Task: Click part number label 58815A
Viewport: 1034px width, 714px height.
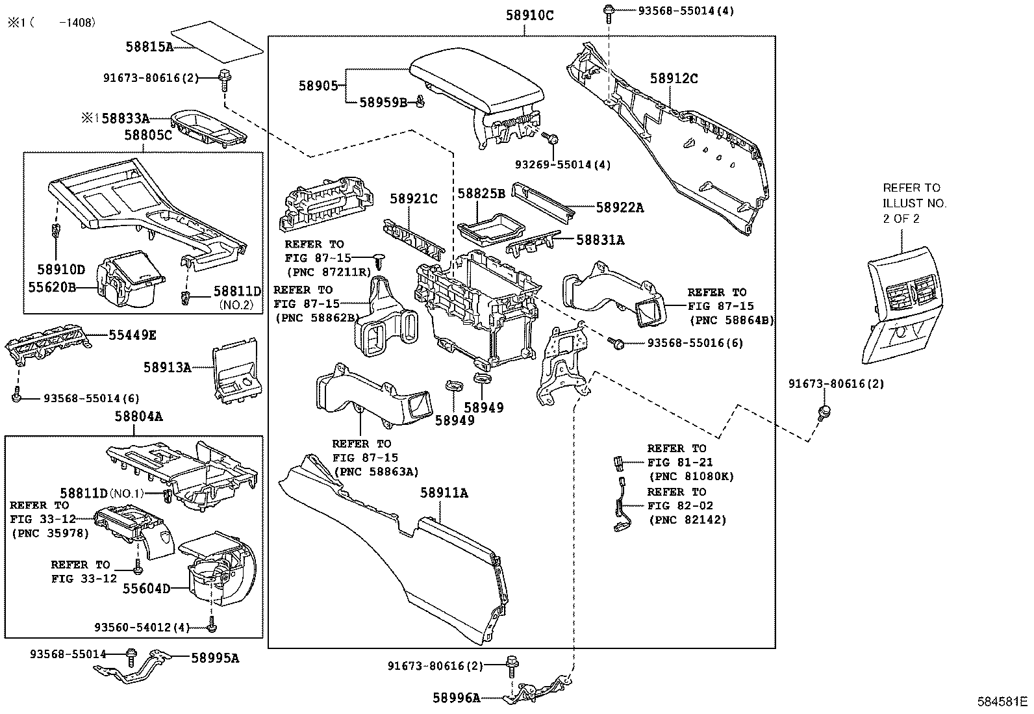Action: click(x=149, y=46)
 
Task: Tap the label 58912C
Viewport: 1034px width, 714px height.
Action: click(x=674, y=79)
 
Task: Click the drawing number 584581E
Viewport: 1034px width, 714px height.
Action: click(x=1002, y=702)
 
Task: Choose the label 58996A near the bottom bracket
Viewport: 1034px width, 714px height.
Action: click(x=457, y=698)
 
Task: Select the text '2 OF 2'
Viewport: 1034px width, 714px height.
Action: click(x=901, y=219)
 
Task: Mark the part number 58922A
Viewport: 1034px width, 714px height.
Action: click(x=620, y=207)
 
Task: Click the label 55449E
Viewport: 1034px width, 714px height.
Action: click(x=132, y=335)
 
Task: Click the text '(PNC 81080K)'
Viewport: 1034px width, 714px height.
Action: click(x=690, y=476)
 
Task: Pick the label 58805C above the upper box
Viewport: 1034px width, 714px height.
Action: click(x=148, y=134)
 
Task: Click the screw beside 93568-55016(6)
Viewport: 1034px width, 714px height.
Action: click(x=619, y=342)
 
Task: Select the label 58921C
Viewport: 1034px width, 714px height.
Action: click(x=414, y=199)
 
